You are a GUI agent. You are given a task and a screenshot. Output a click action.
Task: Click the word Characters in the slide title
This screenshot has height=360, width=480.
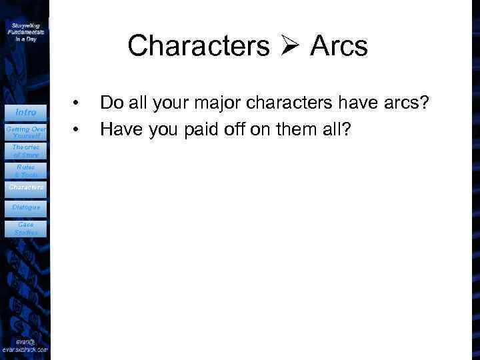point(199,46)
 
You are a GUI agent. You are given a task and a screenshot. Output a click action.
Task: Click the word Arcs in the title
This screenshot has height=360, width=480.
point(339,46)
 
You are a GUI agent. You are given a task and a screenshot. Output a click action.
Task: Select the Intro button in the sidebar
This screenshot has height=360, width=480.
point(26,112)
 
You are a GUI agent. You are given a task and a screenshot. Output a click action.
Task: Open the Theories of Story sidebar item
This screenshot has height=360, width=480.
point(26,151)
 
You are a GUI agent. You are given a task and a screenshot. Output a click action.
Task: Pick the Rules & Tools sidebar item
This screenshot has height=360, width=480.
point(26,171)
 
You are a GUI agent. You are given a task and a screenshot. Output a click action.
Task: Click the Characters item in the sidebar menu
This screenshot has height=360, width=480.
point(26,188)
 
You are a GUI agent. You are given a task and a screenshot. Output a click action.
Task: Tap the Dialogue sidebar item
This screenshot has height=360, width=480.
point(26,207)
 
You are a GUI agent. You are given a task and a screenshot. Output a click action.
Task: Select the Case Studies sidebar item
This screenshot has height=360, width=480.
point(26,229)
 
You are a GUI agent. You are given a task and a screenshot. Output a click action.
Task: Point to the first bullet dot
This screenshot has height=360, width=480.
point(77,103)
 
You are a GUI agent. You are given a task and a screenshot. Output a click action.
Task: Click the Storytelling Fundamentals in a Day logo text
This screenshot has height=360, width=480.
point(26,31)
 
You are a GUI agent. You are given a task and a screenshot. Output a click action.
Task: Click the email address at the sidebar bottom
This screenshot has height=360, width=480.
point(25,345)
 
